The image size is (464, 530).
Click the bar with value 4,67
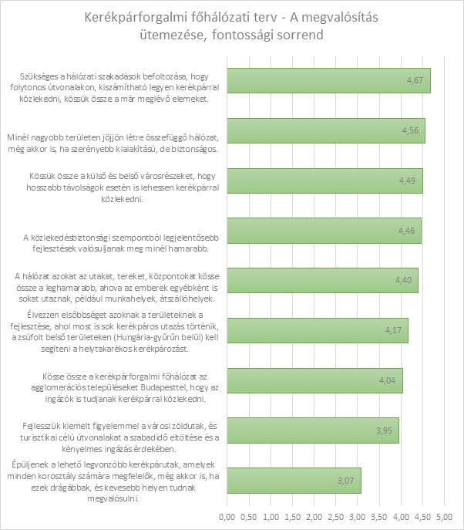pyautogui.click(x=328, y=81)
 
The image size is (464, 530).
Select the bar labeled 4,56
pyautogui.click(x=325, y=130)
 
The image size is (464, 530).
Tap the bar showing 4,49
pyautogui.click(x=324, y=181)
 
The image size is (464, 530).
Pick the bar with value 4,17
pyautogui.click(x=317, y=330)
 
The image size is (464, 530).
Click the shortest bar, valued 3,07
pyautogui.click(x=293, y=481)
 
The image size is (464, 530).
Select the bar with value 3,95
pyautogui.click(x=312, y=430)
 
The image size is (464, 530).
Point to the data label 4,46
pyautogui.click(x=406, y=231)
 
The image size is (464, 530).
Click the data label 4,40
pyautogui.click(x=403, y=281)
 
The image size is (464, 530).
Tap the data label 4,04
pyautogui.click(x=388, y=380)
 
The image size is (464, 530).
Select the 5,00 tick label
pyautogui.click(x=445, y=514)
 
